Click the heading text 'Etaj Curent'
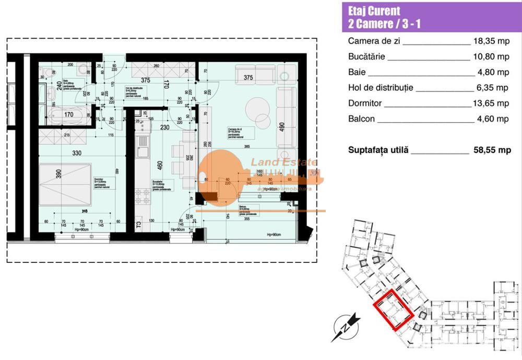click(374, 11)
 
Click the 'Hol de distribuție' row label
click(381, 88)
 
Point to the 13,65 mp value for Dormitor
click(492, 103)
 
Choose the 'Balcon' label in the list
click(361, 119)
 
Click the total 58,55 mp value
click(490, 150)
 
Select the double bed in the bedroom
click(65, 184)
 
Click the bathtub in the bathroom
click(67, 113)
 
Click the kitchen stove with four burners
click(143, 197)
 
